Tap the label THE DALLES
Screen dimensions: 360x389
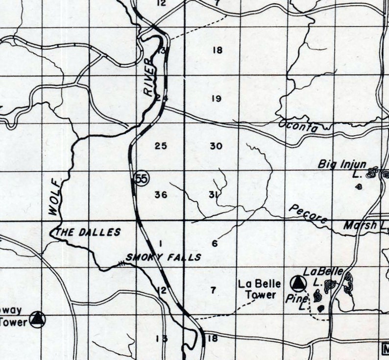(x=89, y=232)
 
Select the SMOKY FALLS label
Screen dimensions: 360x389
(x=164, y=257)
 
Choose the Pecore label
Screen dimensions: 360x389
(x=308, y=214)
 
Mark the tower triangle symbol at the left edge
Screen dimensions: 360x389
(x=37, y=319)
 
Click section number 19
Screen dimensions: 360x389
(x=217, y=99)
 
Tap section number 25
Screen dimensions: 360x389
(x=161, y=146)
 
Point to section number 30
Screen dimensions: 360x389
(x=216, y=146)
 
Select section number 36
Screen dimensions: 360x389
(x=161, y=195)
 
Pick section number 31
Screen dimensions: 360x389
(x=213, y=195)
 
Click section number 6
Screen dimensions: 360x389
(x=215, y=243)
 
